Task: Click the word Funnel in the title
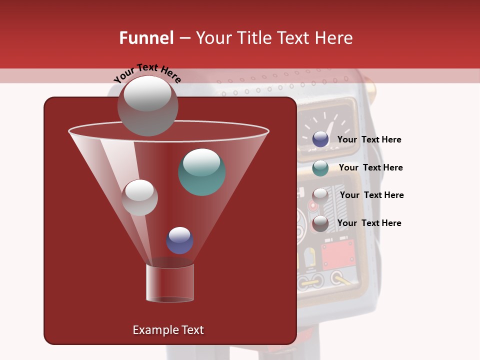click(x=146, y=38)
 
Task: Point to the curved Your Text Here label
click(x=147, y=73)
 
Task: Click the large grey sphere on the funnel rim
click(x=148, y=105)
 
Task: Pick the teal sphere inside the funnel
click(x=202, y=172)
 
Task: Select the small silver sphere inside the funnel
click(x=139, y=197)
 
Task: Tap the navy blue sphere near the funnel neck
click(x=180, y=240)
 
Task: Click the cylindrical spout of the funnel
click(x=170, y=283)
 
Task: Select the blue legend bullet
click(x=320, y=139)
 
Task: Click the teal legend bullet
click(x=320, y=168)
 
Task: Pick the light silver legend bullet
click(x=320, y=195)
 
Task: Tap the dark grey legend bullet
click(x=320, y=223)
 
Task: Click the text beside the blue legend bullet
click(x=369, y=139)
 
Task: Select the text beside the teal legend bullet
click(x=370, y=167)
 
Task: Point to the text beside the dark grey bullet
click(x=369, y=223)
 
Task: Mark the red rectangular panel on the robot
click(x=338, y=254)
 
